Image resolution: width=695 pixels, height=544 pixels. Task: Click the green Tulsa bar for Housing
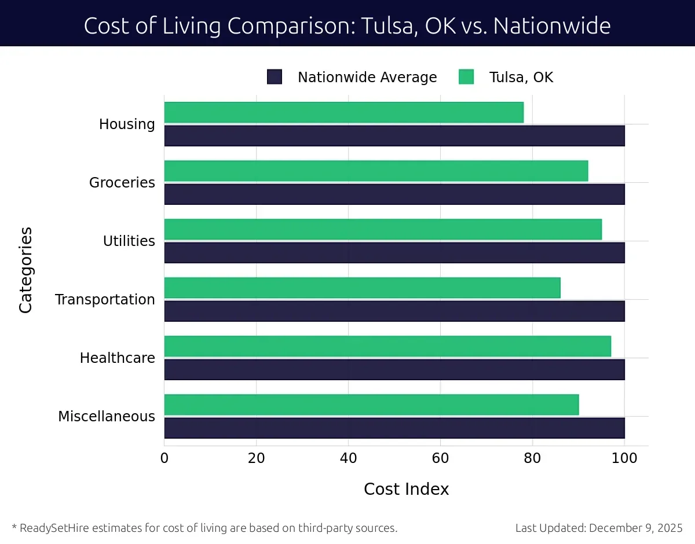coord(343,112)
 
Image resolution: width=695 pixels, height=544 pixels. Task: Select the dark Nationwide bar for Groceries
coord(394,194)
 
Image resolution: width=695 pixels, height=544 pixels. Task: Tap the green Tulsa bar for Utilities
coord(383,229)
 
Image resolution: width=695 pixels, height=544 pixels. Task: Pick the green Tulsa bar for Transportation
coord(362,288)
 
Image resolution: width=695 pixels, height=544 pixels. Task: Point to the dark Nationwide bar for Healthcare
coord(394,369)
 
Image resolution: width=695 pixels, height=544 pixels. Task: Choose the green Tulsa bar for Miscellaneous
coord(371,405)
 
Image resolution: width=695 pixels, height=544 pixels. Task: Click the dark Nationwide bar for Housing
coord(394,135)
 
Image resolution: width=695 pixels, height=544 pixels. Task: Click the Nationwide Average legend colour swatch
coord(274,77)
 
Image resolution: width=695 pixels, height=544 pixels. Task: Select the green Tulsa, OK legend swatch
coord(466,77)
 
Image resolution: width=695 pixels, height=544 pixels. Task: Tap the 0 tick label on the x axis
coord(164,458)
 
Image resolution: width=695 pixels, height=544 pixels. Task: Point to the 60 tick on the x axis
coord(440,458)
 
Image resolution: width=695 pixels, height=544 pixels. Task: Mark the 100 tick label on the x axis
coord(624,458)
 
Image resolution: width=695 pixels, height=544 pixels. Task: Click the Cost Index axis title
coord(406,489)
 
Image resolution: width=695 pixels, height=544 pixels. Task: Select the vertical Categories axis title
coord(25,270)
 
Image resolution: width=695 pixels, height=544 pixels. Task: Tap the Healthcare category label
coord(118,358)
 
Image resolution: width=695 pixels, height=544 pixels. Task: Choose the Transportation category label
coord(105,300)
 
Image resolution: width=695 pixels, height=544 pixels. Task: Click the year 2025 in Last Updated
coord(670,528)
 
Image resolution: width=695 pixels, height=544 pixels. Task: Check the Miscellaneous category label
coord(107,417)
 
